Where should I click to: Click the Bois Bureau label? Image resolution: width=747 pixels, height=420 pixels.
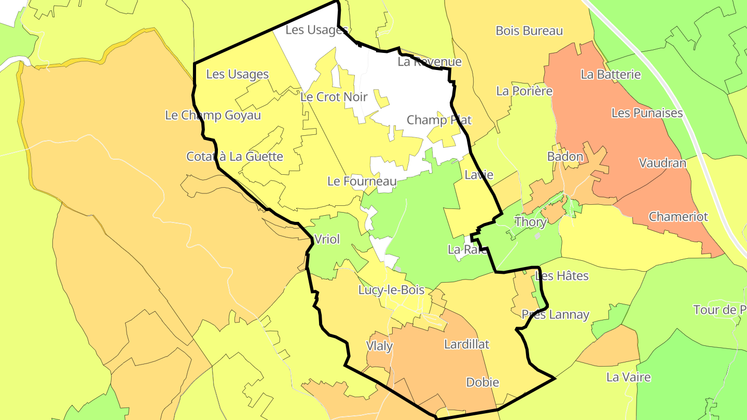pos(529,31)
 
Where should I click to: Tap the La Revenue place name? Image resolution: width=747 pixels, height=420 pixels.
pos(430,62)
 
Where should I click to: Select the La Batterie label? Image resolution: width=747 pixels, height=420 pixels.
pos(611,74)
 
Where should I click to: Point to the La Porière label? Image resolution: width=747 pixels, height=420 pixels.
pos(524,91)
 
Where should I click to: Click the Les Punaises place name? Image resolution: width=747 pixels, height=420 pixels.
pos(647,113)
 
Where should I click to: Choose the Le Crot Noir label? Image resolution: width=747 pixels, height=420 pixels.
pos(334,96)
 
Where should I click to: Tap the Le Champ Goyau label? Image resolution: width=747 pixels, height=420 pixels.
pos(213,115)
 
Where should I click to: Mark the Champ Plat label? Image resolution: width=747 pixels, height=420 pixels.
pos(439,120)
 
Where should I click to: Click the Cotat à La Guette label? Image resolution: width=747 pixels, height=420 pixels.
pos(234,156)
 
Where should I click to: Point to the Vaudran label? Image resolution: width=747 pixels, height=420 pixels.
pos(662,163)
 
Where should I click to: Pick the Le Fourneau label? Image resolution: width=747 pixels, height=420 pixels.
pos(362,181)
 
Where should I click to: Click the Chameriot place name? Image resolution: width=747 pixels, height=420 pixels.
pos(678,216)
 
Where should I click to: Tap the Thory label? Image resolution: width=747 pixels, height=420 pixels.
pos(531,222)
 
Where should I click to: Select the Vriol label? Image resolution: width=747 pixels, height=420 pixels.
pos(327,239)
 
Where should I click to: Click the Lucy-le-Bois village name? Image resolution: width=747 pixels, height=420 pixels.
pos(391,290)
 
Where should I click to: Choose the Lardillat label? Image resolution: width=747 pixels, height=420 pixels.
pos(466,344)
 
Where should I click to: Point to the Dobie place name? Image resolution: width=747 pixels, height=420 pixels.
pos(482,382)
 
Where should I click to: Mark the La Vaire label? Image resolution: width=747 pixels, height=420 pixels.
pos(628,376)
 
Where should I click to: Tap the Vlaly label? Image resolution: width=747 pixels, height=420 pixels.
pos(379,346)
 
